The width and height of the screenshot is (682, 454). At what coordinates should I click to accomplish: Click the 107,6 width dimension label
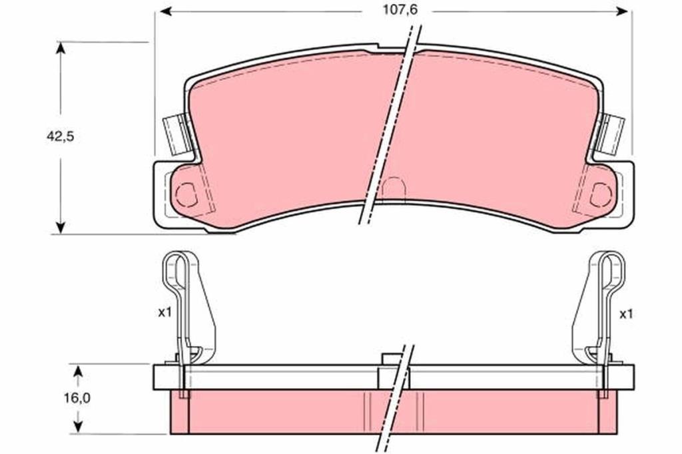pos(400,9)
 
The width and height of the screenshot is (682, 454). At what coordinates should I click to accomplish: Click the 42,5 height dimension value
pos(61,136)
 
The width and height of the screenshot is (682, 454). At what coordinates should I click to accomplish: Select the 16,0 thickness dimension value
pos(77,398)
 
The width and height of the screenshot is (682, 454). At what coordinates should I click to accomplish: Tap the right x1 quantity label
pos(626,314)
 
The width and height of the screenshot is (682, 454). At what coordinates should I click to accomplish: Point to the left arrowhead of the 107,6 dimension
pos(166,11)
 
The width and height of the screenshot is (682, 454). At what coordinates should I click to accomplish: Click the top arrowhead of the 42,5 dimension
pos(61,47)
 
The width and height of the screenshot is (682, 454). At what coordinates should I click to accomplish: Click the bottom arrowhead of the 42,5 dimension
pos(61,228)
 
